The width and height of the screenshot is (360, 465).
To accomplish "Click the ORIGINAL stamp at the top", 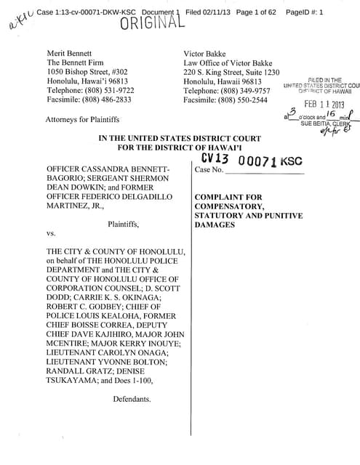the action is pyautogui.click(x=152, y=23).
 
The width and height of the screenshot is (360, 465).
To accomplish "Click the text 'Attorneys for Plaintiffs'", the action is pyautogui.click(x=82, y=119).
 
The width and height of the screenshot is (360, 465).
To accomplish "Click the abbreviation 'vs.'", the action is pyautogui.click(x=51, y=234).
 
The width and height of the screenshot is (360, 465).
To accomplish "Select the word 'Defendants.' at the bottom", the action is pyautogui.click(x=132, y=399).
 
